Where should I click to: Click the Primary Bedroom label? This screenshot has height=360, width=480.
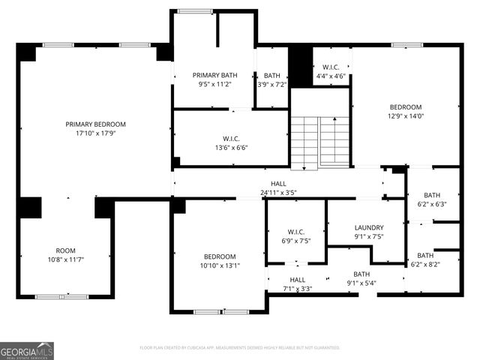tap(95, 124)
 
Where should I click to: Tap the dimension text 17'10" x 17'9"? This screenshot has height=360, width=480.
tap(95, 133)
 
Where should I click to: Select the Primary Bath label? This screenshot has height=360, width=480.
tap(214, 75)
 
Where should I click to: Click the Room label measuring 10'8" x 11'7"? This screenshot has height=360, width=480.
tap(66, 250)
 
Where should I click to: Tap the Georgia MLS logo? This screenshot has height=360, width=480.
tap(27, 350)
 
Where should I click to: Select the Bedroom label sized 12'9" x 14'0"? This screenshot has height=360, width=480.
tap(405, 107)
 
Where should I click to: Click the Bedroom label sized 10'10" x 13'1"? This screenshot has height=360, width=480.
tap(220, 256)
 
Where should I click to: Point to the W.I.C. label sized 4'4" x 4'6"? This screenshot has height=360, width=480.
tap(330, 67)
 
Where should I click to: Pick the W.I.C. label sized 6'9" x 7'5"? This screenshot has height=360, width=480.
tap(295, 232)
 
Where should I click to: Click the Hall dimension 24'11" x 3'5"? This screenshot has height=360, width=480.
tap(278, 193)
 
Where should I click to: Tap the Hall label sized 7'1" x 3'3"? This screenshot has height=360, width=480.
tap(297, 280)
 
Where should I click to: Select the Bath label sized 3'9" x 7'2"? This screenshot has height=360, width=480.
tap(271, 75)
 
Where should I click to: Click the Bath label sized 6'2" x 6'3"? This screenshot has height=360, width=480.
tap(432, 195)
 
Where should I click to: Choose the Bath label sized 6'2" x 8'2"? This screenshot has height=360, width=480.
tap(425, 255)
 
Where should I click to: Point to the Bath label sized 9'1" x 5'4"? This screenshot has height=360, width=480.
tap(361, 274)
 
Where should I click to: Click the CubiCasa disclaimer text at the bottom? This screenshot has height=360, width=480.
tap(240, 348)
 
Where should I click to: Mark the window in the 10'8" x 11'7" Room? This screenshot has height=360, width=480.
tap(62, 297)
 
